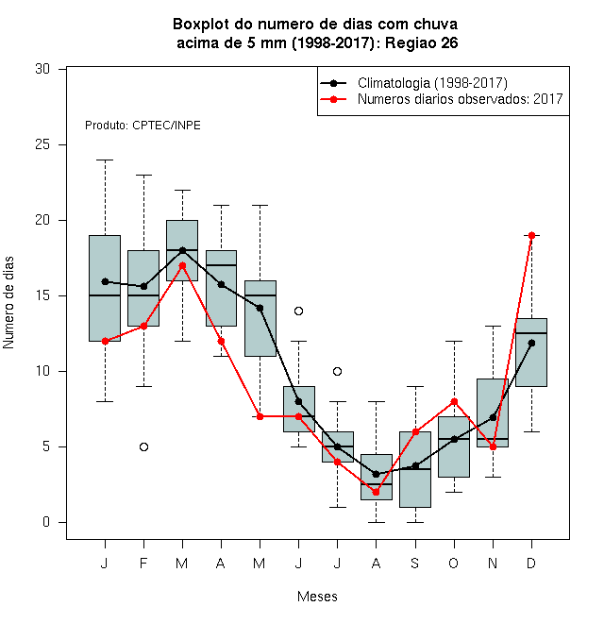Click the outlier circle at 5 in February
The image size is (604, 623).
point(143,447)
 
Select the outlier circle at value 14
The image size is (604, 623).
point(299,311)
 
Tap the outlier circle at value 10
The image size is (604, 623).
point(337,372)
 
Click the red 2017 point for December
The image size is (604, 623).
point(531,236)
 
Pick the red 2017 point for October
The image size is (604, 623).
point(454,402)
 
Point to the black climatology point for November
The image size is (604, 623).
point(494,417)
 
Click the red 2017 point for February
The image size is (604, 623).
point(143,327)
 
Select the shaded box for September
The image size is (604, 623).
point(415,470)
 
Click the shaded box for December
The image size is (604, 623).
point(531,352)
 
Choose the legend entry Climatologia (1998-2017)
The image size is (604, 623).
point(413,83)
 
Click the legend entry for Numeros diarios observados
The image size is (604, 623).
point(441,99)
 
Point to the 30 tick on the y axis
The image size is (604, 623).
point(62,69)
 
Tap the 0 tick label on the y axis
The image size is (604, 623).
point(46,522)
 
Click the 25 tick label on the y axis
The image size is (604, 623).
point(42,144)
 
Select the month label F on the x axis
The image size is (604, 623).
point(143,563)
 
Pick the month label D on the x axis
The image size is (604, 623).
point(531,563)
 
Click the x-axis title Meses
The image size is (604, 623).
point(317,597)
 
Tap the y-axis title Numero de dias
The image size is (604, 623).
point(8,303)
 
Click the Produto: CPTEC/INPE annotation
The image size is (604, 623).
point(143,126)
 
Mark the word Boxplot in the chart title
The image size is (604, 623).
point(201,25)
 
